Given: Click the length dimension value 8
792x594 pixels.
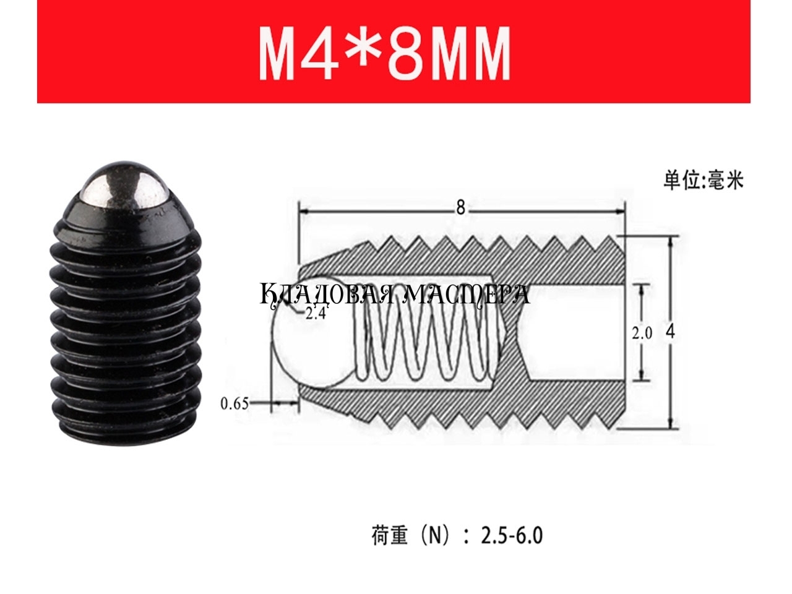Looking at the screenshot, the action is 461,208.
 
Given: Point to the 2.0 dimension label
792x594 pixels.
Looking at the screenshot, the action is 642,334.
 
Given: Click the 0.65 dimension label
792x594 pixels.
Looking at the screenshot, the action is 235,404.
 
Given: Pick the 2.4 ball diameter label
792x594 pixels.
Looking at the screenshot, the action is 316,314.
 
